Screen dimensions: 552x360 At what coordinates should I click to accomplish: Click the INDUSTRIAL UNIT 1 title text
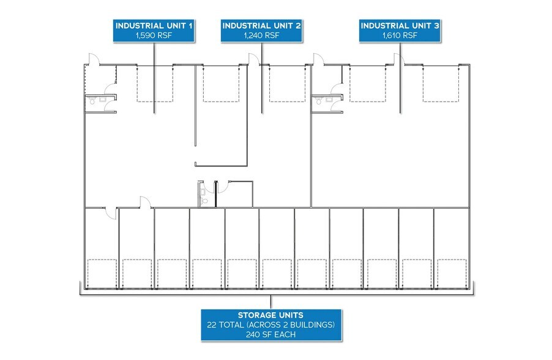click(154, 26)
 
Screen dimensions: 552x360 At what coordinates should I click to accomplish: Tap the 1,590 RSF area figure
click(154, 36)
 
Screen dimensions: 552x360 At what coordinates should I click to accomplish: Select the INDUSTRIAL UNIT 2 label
click(261, 26)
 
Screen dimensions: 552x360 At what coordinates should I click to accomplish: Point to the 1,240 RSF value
click(261, 36)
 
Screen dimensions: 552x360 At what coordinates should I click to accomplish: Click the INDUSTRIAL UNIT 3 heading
click(400, 26)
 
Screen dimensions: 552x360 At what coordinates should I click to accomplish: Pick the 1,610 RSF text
click(400, 36)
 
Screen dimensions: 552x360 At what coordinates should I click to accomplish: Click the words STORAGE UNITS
click(270, 315)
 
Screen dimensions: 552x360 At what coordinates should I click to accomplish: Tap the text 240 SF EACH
click(270, 335)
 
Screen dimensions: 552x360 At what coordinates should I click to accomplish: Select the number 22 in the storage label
click(212, 324)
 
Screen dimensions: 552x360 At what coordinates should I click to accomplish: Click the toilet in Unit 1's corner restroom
click(92, 101)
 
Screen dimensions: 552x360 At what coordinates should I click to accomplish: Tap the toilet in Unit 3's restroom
click(319, 101)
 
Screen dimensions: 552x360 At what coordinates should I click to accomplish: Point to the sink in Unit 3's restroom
click(329, 100)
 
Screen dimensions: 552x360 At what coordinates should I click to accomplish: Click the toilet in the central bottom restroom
click(203, 201)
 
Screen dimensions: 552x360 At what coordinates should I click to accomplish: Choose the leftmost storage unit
click(102, 249)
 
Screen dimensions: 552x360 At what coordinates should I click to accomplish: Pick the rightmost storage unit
click(452, 249)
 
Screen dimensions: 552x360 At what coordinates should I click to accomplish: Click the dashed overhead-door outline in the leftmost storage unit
click(102, 274)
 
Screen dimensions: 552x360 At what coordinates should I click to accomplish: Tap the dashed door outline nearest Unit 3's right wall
click(441, 84)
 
